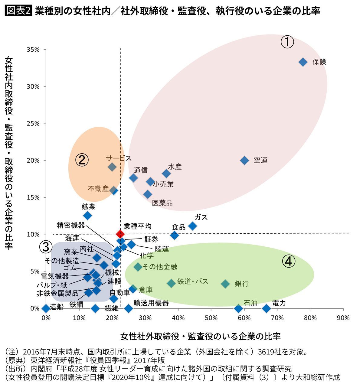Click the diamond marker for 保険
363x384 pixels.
coord(303,62)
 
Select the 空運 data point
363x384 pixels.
coord(244,160)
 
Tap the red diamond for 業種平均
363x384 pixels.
coord(120,234)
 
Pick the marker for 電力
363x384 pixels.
coord(266,308)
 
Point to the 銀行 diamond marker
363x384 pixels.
coord(225,284)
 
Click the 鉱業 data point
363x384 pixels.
coord(87,216)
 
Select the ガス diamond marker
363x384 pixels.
coord(192,226)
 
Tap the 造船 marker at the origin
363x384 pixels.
coord(46,308)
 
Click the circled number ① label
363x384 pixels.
coord(287,42)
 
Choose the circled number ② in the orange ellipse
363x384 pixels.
coord(82,160)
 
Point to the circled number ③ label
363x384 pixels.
coord(46,247)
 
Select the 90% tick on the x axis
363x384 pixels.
coord(343,318)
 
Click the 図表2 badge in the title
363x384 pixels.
coord(18,11)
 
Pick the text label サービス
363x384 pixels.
coord(119,158)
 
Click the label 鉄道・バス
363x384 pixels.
coord(193,281)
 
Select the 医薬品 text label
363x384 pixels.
coord(162,203)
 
